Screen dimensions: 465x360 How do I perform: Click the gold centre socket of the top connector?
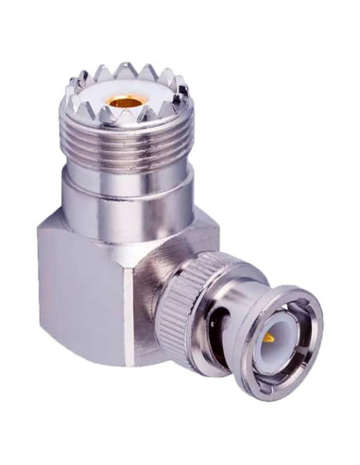point(123,98)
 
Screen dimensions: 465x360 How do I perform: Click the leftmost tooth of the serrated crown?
point(68,93)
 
